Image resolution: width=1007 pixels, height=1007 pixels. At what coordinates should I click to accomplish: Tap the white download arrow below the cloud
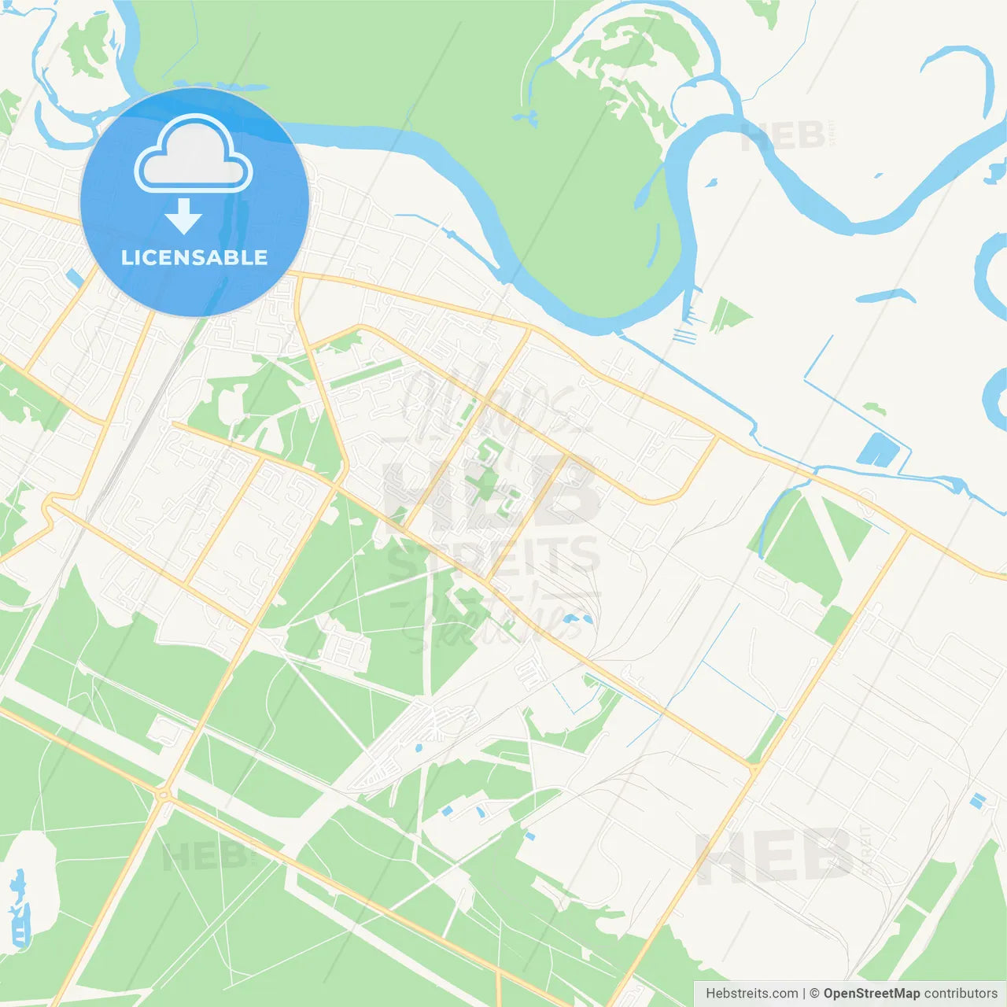pyautogui.click(x=184, y=216)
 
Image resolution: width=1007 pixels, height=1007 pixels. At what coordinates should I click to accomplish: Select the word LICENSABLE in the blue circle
pyautogui.click(x=194, y=257)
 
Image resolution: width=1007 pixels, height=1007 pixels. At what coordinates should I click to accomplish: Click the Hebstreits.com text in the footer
pyautogui.click(x=751, y=994)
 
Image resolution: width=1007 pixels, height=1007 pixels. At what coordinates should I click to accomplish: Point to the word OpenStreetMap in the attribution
pyautogui.click(x=871, y=994)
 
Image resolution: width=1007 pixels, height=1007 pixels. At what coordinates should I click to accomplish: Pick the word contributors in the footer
pyautogui.click(x=960, y=994)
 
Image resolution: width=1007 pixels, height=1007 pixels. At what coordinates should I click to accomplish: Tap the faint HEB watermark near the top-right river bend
pyautogui.click(x=783, y=136)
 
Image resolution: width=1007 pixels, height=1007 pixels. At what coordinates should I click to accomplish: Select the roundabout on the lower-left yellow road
pyautogui.click(x=164, y=796)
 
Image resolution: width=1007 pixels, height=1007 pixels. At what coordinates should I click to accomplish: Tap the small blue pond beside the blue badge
pyautogui.click(x=75, y=278)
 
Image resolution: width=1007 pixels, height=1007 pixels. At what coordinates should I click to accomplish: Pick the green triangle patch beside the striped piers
pyautogui.click(x=728, y=314)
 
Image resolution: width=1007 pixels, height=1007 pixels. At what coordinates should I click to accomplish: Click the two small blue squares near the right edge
pyautogui.click(x=977, y=801)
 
